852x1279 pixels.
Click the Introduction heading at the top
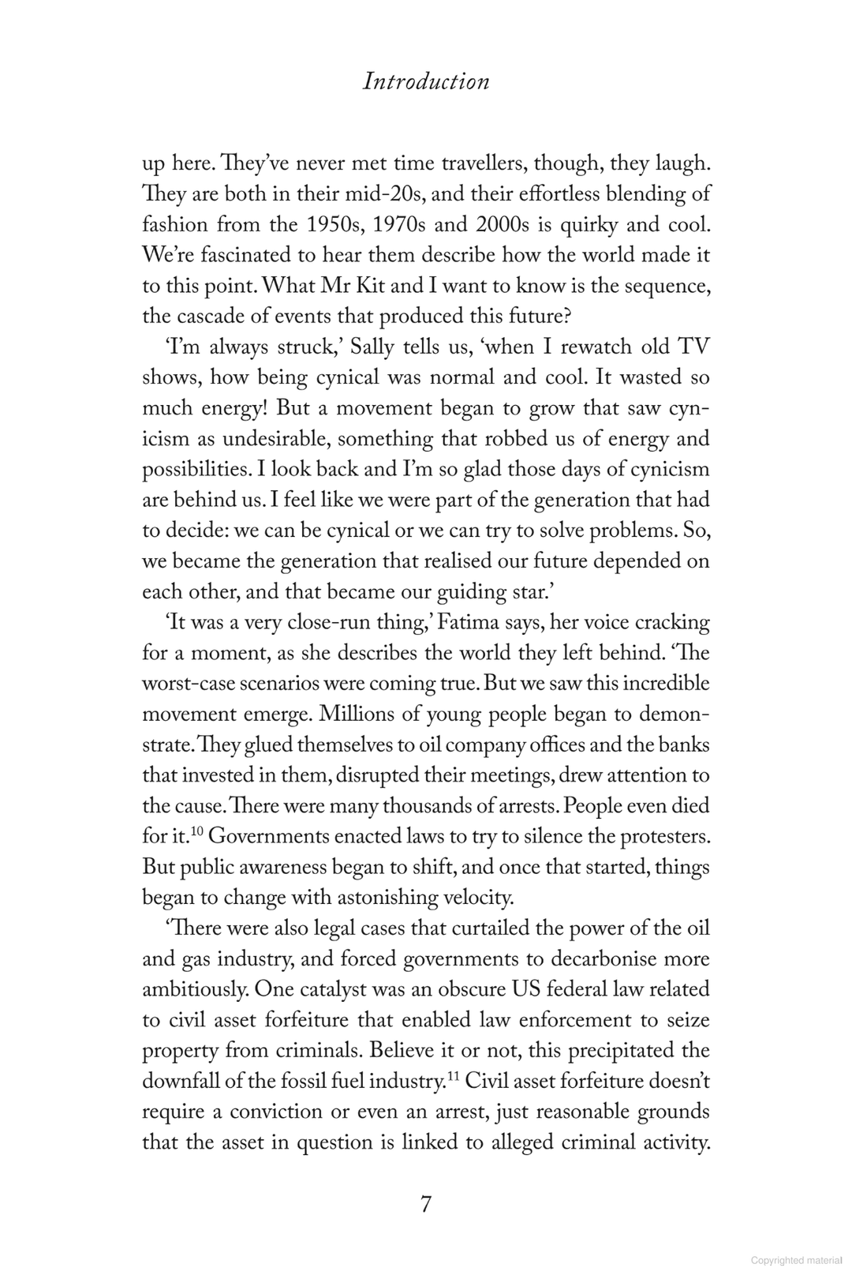[x=425, y=81]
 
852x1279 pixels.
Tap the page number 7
[x=426, y=1206]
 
